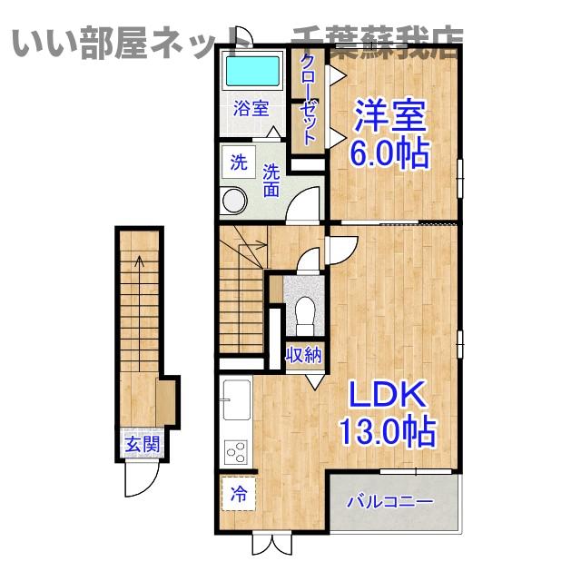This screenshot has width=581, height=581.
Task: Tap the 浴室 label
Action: coord(251,109)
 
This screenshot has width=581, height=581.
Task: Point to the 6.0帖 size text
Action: coord(390,154)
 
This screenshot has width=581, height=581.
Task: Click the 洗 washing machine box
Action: coord(238,163)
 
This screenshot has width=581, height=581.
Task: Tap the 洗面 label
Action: coord(271,181)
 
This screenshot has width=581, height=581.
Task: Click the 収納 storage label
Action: coord(303,355)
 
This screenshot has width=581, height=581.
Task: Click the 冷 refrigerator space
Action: coord(238,495)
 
